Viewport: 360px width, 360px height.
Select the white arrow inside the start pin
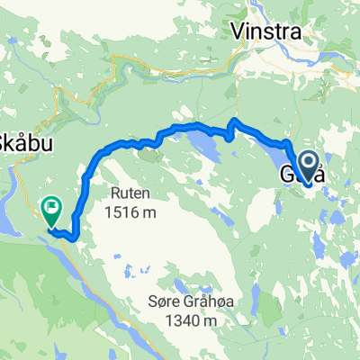tap(308, 163)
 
